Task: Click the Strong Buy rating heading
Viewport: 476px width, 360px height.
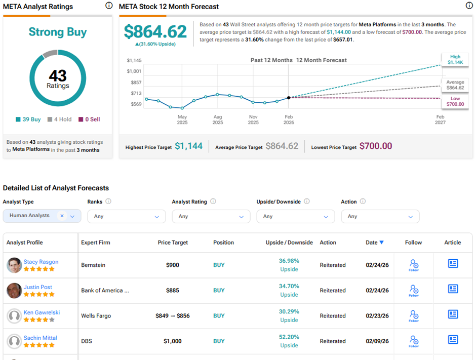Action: point(57,32)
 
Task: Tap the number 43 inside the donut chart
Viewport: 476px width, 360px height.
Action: point(58,76)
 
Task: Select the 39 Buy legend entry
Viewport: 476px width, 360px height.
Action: point(28,119)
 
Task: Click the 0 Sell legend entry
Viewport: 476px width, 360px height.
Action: point(89,119)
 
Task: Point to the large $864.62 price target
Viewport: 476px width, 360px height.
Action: point(155,31)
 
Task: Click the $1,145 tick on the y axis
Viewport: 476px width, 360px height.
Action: point(134,60)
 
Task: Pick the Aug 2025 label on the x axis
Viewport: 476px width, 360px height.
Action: point(218,119)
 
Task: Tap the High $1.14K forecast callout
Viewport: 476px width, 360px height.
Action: point(455,60)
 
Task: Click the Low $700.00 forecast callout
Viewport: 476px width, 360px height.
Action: point(455,101)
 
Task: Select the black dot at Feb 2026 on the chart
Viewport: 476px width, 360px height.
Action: point(289,98)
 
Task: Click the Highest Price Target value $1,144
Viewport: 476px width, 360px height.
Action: point(188,146)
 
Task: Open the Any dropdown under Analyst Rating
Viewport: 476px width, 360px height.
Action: point(211,216)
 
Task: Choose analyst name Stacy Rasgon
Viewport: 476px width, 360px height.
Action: point(41,262)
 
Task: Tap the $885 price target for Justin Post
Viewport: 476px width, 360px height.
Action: point(173,291)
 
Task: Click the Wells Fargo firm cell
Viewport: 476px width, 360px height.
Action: point(96,316)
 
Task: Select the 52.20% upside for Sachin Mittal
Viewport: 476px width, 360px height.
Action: point(289,337)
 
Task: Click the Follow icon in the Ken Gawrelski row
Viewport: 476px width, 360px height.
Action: point(414,315)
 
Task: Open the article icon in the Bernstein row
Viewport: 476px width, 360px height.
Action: point(453,264)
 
